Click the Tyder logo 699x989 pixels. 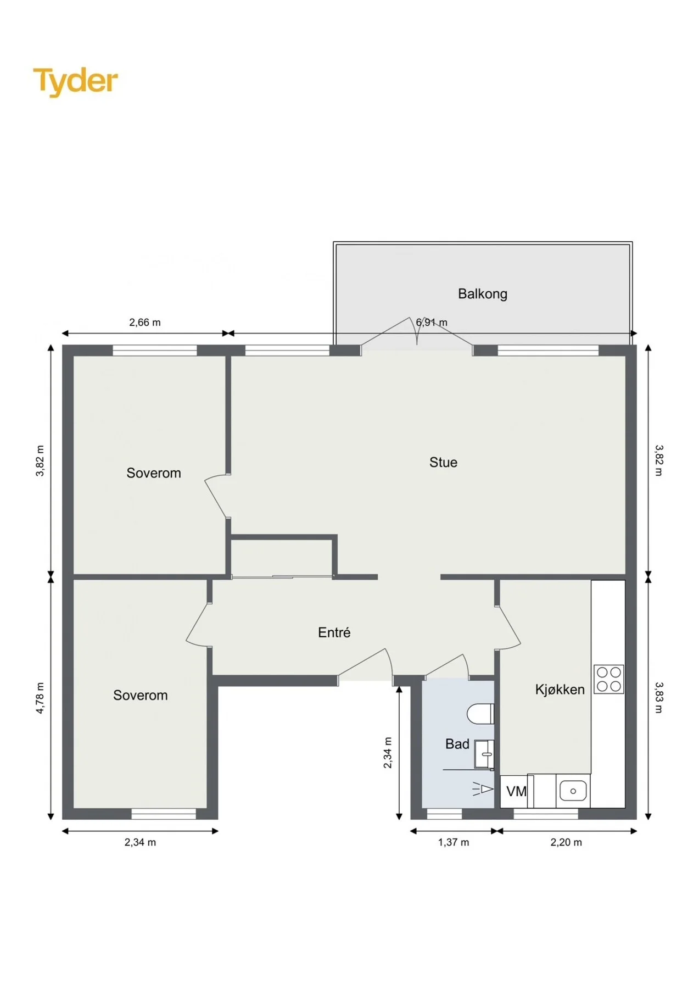click(75, 81)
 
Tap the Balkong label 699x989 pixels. click(483, 294)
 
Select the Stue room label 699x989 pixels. click(443, 463)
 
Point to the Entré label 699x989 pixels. click(334, 632)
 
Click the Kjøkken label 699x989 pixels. click(560, 690)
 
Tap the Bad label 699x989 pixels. click(457, 744)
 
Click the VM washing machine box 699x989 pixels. click(514, 791)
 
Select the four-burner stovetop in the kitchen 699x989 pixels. click(609, 679)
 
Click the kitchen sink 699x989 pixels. click(573, 791)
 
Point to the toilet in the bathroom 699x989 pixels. click(480, 714)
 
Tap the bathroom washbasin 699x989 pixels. click(484, 754)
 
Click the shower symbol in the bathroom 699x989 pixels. click(483, 790)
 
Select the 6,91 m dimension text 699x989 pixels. click(432, 323)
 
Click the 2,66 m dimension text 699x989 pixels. click(145, 323)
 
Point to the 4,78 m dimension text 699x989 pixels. click(40, 698)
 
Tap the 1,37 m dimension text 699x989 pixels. click(454, 842)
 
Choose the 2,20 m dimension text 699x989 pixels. click(566, 842)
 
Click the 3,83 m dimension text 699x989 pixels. click(659, 698)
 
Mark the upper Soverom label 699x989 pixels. click(154, 473)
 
